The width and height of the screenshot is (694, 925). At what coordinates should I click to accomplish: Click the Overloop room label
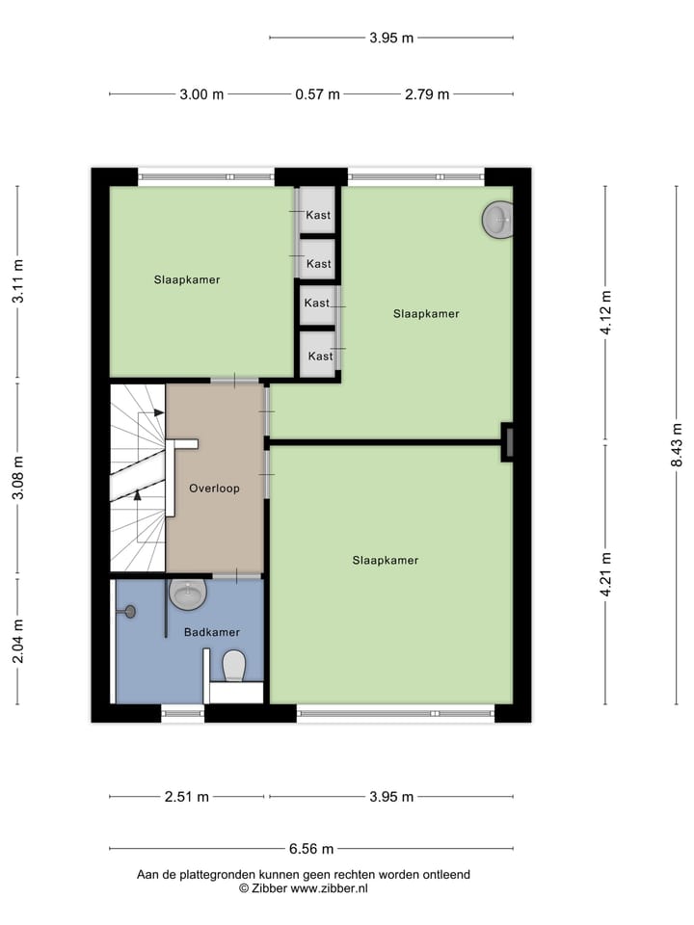[214, 489]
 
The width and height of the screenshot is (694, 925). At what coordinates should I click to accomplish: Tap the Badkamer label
[211, 632]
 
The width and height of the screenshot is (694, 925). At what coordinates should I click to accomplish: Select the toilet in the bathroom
[234, 665]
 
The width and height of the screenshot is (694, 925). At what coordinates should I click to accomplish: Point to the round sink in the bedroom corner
[497, 220]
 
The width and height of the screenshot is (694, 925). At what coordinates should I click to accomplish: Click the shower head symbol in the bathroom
[130, 610]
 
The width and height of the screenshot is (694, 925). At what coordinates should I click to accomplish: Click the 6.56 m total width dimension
[311, 849]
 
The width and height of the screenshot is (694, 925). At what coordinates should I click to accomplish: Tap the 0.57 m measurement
[317, 94]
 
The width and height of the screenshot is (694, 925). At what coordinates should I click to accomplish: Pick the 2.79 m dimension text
[426, 94]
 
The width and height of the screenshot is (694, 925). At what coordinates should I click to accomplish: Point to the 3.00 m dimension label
[201, 94]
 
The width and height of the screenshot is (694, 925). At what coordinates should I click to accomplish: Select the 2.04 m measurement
[17, 639]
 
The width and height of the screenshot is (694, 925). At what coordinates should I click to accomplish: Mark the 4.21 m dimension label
[606, 573]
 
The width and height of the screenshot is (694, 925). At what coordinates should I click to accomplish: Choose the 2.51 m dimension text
[186, 797]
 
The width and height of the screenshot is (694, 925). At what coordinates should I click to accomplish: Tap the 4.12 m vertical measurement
[606, 313]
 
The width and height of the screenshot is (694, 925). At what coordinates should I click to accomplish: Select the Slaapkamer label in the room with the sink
[426, 314]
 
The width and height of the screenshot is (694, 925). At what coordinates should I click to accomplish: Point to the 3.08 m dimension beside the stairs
[17, 479]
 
